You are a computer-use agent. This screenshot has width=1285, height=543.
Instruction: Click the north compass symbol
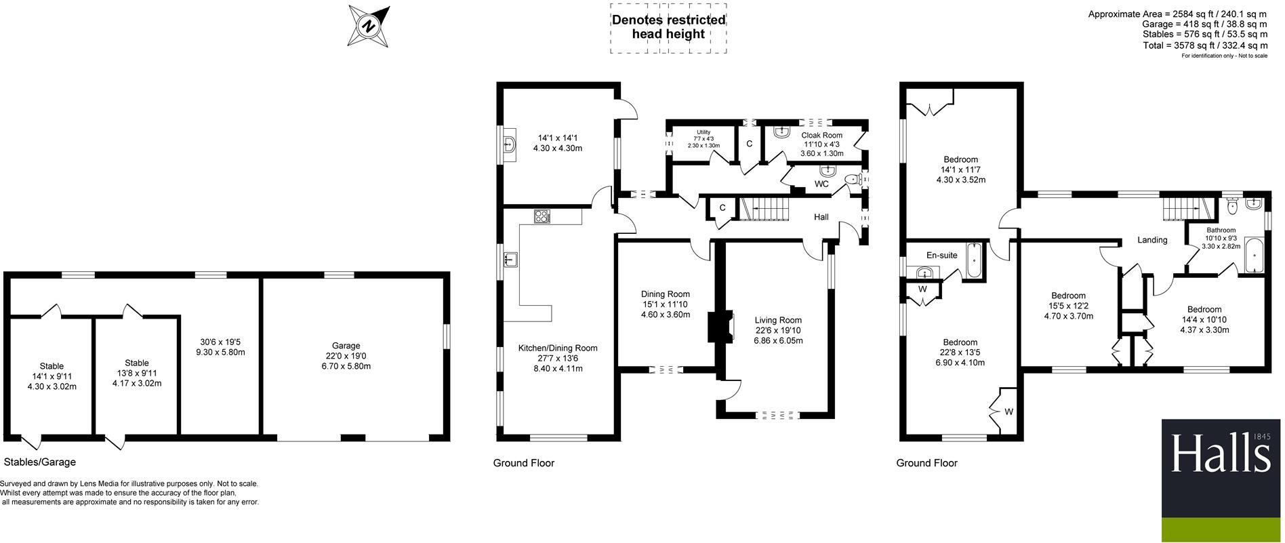coord(369,26)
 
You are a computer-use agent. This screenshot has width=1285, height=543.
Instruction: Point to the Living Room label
coord(778,320)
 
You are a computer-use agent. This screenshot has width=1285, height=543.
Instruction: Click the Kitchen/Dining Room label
coord(558,348)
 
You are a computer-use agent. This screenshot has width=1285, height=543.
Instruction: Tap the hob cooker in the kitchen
coord(543,217)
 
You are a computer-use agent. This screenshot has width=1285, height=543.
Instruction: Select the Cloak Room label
coord(821,136)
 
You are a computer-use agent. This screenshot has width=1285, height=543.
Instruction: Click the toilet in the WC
coord(851,180)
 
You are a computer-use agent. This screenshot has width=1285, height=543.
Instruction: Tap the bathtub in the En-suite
coord(974,260)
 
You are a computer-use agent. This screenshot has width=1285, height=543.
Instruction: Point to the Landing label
coord(1152,240)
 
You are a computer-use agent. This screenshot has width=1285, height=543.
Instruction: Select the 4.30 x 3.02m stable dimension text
coord(52,387)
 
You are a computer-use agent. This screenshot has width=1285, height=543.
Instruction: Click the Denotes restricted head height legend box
coord(668,28)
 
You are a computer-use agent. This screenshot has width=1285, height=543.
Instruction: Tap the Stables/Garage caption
coord(40,462)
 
